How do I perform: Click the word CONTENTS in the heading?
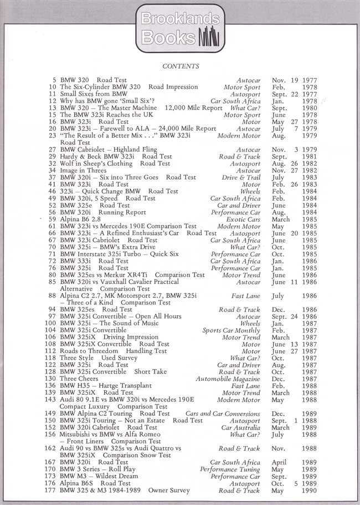pyautogui.click(x=181, y=66)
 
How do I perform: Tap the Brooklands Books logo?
pyautogui.click(x=180, y=28)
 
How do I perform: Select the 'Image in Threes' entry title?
pyautogui.click(x=84, y=170)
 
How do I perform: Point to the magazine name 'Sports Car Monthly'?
pyautogui.click(x=232, y=330)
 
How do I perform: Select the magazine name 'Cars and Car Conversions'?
pyautogui.click(x=224, y=413)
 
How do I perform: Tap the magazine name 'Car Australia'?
pyautogui.click(x=240, y=427)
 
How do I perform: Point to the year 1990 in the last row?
pyautogui.click(x=310, y=491)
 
